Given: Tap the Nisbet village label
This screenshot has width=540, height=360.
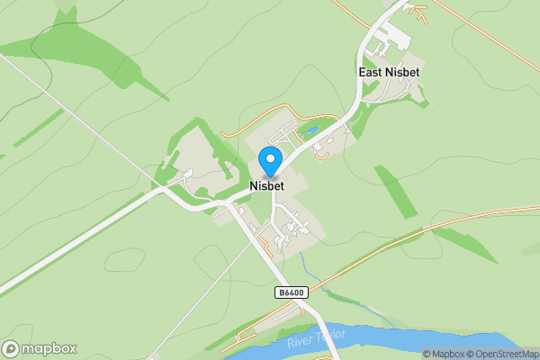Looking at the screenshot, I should tap(269, 187).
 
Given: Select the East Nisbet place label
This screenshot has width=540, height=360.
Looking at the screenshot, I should tap(390, 72).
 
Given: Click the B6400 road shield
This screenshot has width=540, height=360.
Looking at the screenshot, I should tap(291, 292).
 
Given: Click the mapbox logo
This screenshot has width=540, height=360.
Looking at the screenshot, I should tap(40, 348).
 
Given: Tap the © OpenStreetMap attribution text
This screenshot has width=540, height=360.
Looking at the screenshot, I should tap(501, 354).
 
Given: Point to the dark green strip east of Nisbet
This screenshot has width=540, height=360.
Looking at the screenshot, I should tap(396, 189).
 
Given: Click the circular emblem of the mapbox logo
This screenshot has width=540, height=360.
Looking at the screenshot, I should tap(12, 348).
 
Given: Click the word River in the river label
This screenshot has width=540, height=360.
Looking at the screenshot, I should tap(300, 343).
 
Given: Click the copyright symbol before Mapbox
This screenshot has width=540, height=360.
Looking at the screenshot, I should tap(427, 354).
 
